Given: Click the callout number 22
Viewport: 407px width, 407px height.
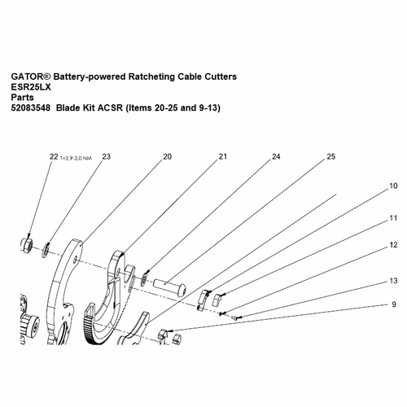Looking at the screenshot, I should tap(53, 156).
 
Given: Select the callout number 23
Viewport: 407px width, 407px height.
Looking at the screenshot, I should tap(106, 156).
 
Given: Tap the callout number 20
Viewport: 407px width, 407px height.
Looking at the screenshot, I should tap(167, 156).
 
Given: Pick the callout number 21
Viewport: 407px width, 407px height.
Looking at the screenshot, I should tap(221, 156).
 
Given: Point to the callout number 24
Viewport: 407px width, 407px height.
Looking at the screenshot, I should tap(276, 156).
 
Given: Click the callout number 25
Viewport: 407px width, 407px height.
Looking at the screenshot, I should tap(330, 156).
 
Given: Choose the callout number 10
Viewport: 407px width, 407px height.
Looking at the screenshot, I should tap(393, 186).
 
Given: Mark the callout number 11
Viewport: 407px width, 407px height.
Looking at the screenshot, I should tap(393, 218).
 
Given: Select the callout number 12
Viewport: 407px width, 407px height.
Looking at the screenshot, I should tap(393, 244).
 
